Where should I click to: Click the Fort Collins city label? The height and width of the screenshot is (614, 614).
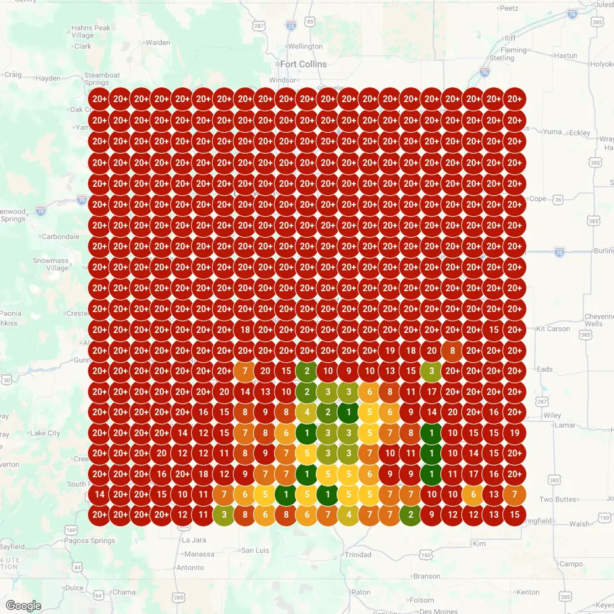(x=303, y=64)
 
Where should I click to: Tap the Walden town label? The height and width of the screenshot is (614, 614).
(x=158, y=43)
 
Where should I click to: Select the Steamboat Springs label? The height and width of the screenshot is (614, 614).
(x=102, y=79)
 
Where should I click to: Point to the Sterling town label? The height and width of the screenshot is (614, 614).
(x=502, y=58)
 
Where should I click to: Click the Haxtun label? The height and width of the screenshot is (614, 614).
(x=565, y=55)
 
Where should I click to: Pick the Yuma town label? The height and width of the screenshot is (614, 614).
(x=552, y=132)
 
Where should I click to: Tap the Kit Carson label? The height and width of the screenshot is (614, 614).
(x=553, y=329)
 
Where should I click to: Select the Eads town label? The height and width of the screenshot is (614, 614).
(x=545, y=369)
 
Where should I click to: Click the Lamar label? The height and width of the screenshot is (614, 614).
(x=565, y=425)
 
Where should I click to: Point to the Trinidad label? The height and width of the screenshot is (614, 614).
(x=358, y=555)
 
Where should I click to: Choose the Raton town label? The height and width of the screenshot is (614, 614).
(x=361, y=592)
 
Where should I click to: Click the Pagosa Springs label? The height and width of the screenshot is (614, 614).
(x=89, y=540)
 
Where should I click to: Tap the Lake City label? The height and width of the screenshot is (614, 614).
(x=45, y=433)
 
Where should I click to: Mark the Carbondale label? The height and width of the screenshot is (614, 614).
(x=60, y=237)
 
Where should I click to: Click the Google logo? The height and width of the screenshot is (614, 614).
(x=24, y=605)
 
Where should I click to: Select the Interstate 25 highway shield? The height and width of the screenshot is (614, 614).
(x=291, y=26)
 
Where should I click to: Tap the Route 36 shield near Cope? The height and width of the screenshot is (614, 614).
(x=558, y=200)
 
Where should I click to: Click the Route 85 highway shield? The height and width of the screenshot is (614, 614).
(x=310, y=21)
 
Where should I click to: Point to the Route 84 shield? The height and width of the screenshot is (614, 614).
(x=77, y=568)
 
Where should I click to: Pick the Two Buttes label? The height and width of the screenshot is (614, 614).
(x=558, y=499)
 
